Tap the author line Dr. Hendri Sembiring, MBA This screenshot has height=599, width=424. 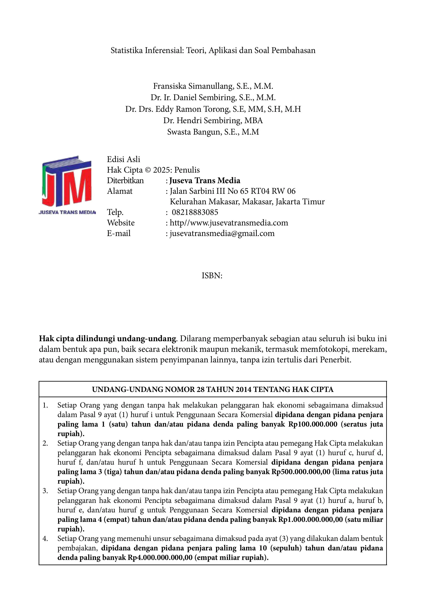tap(213, 120)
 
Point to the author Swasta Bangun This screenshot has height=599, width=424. tap(194, 132)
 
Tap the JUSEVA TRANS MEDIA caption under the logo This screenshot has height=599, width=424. tap(67, 212)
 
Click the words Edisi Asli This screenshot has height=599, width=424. tap(124, 159)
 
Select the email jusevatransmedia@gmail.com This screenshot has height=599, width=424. tap(222, 233)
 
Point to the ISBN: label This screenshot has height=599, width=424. tap(212, 276)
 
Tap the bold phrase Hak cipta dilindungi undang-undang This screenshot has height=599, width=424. tap(107, 338)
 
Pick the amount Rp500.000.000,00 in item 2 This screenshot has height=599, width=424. tap(300, 472)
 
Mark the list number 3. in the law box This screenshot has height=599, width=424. tap(45, 491)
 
